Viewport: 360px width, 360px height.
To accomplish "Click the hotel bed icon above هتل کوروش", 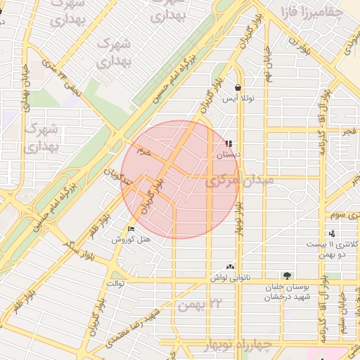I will click(130, 229).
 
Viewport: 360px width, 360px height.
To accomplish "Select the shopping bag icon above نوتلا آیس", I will click(238, 88).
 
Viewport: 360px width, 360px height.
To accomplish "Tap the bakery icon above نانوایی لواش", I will click(231, 267).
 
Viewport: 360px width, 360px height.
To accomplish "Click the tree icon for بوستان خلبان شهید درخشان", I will click(287, 275).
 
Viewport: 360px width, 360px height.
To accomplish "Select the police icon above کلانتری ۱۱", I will click(331, 233).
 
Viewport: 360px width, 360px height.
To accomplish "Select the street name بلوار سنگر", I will click(78, 245).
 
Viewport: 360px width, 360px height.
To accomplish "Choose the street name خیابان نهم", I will click(269, 63).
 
